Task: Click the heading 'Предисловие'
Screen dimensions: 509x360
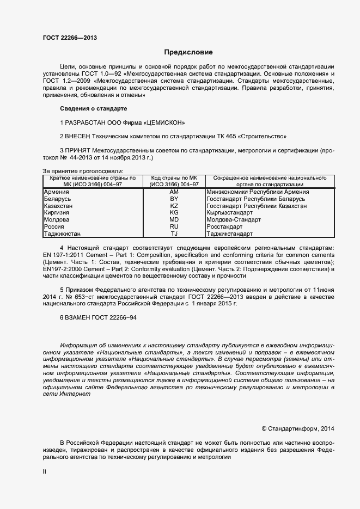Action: [x=188, y=53]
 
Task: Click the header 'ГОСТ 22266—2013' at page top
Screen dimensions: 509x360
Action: [x=70, y=38]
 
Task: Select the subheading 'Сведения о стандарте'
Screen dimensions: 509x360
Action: [x=93, y=109]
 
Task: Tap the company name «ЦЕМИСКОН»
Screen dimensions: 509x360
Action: [x=166, y=122]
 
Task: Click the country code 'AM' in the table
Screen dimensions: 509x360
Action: [x=174, y=192]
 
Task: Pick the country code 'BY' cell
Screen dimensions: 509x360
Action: [x=174, y=199]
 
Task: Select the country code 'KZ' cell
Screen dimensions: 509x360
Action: [x=174, y=206]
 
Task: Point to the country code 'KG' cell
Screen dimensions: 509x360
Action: [x=174, y=213]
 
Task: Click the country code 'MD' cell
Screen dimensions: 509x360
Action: [x=174, y=220]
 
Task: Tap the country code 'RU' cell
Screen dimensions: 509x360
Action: [x=174, y=226]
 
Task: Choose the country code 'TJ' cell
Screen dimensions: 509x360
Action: [x=174, y=234]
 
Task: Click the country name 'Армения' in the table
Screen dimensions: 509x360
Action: [x=56, y=192]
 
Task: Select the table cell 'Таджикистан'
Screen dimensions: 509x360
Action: [x=62, y=234]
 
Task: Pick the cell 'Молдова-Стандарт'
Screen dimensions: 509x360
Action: [x=234, y=220]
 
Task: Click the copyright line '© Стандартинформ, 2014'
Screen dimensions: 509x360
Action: [x=298, y=429]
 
